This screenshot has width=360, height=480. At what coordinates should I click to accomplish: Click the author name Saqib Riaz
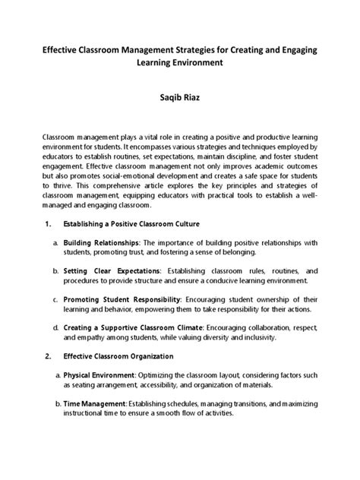click(180, 99)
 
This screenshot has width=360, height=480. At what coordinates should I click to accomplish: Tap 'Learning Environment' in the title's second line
click(180, 63)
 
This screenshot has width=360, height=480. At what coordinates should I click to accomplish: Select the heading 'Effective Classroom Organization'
click(118, 355)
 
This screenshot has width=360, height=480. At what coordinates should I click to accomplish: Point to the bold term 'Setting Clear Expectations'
click(112, 270)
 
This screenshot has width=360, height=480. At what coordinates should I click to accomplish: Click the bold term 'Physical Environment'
click(98, 375)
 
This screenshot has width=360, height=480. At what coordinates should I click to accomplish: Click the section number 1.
click(47, 224)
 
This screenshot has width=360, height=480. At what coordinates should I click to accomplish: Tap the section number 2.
click(47, 355)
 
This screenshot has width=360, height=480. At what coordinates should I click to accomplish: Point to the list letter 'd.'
click(56, 327)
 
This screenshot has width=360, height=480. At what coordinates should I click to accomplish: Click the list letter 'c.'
click(56, 298)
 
